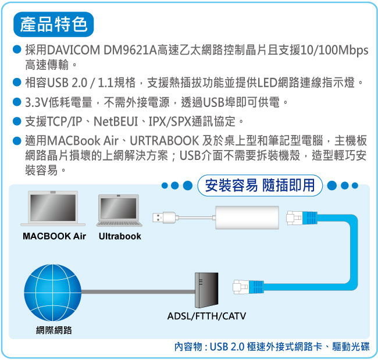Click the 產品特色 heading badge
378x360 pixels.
[x=54, y=24]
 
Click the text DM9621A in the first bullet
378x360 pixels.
[x=130, y=50]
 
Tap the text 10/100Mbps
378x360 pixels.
[x=334, y=51]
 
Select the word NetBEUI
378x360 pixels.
[x=116, y=121]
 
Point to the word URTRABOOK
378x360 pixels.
[x=165, y=141]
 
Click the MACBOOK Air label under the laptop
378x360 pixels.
[x=54, y=236]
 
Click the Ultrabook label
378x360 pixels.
[x=120, y=236]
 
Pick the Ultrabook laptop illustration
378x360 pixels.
[x=119, y=211]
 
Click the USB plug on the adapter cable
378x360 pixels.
[x=164, y=218]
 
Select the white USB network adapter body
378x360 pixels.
[x=247, y=218]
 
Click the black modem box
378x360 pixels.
[x=206, y=290]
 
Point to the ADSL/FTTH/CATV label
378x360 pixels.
[x=206, y=316]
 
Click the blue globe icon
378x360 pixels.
[x=53, y=293]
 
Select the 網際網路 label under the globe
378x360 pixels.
[x=54, y=330]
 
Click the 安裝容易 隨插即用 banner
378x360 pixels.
[x=260, y=186]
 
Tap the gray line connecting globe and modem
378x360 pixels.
[x=138, y=291]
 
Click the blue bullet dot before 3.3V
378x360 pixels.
[x=17, y=102]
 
